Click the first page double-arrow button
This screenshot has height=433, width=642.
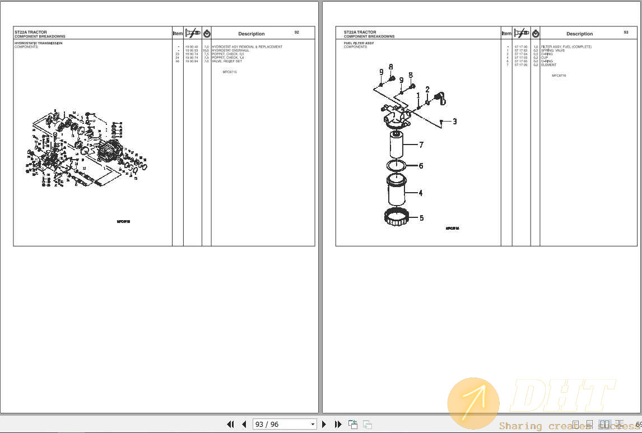230,424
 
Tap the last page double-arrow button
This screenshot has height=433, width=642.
338,424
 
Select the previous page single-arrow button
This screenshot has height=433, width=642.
244,424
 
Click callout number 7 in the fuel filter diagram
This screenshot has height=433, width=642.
421,145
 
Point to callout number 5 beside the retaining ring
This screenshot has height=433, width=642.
421,218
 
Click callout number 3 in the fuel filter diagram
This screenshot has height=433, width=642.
454,121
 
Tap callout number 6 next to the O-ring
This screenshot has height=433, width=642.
421,166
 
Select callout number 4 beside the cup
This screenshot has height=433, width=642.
421,193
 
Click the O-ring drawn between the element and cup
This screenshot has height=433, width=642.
398,165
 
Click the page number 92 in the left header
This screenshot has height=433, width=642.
296,32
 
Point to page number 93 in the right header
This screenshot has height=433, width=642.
626,32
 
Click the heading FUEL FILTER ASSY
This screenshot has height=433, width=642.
359,43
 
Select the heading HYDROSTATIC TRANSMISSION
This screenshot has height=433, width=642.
38,43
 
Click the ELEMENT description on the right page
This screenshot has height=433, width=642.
548,65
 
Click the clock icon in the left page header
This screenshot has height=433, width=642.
207,34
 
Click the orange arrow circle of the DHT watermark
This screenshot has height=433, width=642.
473,403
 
